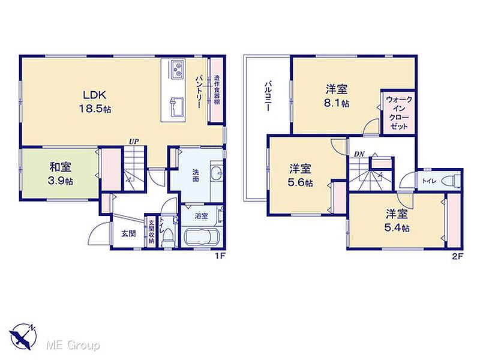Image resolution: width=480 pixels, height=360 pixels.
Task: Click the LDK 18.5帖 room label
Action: coord(95,101)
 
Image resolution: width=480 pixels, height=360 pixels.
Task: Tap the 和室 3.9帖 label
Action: coord(61,174)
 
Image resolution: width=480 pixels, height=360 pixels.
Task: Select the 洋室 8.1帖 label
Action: coord(337,97)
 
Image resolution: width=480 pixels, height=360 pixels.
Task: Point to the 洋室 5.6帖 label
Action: coord(301,175)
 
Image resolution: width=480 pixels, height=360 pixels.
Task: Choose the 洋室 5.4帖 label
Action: coord(397,221)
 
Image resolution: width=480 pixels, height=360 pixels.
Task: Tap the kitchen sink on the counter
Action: coord(176,107)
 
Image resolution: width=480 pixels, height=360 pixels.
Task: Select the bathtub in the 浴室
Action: coord(201,236)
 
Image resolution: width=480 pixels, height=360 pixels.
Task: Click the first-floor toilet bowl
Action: coord(167,239)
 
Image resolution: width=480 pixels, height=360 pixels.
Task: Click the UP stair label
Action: coord(133,142)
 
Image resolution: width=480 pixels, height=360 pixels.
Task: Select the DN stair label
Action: coord(359,155)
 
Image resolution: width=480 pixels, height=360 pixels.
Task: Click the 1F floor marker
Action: coord(220,257)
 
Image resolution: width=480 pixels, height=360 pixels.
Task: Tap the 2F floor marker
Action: coord(457,257)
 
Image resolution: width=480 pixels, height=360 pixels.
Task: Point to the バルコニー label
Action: coord(268,96)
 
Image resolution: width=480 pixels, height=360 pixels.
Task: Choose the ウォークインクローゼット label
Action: coord(398,113)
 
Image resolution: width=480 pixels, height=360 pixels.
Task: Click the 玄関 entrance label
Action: coord(128,233)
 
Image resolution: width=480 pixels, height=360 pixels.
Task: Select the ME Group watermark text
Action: coord(73,346)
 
